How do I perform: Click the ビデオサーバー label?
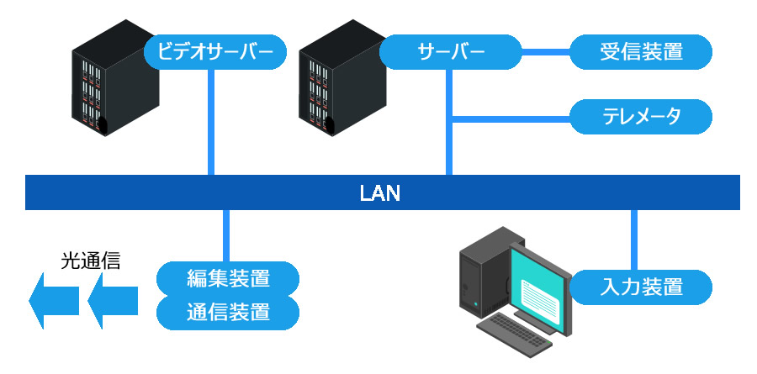pyautogui.click(x=215, y=52)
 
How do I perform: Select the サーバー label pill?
pyautogui.click(x=451, y=52)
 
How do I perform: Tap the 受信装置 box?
pyautogui.click(x=641, y=52)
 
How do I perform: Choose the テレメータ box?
pyautogui.click(x=641, y=117)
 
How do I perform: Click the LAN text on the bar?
pyautogui.click(x=380, y=193)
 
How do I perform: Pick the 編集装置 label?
pyautogui.click(x=228, y=277)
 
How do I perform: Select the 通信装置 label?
pyautogui.click(x=228, y=313)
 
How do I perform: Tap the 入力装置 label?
pyautogui.click(x=641, y=286)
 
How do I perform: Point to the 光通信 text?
pyautogui.click(x=90, y=261)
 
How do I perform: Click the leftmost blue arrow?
pyautogui.click(x=52, y=298)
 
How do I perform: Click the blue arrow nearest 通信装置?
pyautogui.click(x=112, y=298)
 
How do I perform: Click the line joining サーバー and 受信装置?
pyautogui.click(x=545, y=52)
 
